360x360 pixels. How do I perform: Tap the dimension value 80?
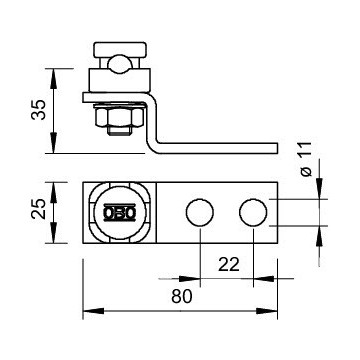(182, 296)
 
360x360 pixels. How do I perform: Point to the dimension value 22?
(229, 265)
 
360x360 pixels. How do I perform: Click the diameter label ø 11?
(306, 159)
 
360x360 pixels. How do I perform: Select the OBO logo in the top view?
(120, 212)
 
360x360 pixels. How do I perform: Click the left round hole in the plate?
(200, 212)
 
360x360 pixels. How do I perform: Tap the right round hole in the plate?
(253, 212)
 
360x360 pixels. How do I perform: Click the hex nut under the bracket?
(119, 116)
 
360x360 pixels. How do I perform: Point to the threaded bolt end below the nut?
(119, 131)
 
